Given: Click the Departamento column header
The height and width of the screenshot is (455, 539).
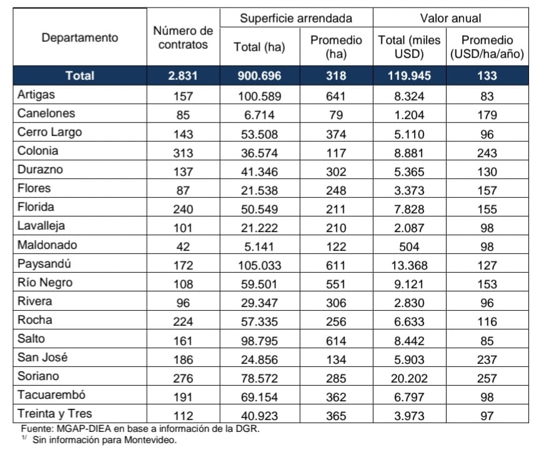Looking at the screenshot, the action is coord(80,37).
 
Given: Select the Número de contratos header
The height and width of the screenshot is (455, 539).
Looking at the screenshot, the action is coord(183,37).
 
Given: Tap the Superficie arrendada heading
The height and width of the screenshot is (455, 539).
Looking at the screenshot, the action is coord(296,18).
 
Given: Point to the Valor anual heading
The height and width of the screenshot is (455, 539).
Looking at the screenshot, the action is coord(450,18).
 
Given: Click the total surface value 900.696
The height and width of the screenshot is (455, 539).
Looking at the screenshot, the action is coord(260,76).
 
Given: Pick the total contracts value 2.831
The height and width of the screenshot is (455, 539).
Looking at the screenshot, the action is coord(183,76).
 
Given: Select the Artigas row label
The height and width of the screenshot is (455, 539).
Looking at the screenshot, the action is coord(36,95).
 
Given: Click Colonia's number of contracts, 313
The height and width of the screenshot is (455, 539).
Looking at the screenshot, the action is coord(183,153).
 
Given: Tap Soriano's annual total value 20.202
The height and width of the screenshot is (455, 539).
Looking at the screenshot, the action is coord(409,378).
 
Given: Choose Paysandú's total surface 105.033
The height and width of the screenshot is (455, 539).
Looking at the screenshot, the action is coord(260,265).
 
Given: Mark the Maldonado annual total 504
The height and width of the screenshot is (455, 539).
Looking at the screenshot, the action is coord(409,247).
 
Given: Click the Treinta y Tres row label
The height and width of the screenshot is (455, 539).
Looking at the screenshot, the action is coord(55,413).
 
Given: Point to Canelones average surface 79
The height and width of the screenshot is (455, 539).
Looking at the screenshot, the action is coord(336,115).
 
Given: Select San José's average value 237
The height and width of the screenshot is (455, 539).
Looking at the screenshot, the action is coord(487,360).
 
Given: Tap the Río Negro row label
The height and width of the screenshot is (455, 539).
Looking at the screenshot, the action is coord(45,282).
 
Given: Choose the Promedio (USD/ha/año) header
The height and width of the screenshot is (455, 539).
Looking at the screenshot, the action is coord(487,47).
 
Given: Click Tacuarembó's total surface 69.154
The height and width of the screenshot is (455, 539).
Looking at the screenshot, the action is coord(260,397).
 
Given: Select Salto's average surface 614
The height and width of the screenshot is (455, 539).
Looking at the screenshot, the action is coord(336,341).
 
